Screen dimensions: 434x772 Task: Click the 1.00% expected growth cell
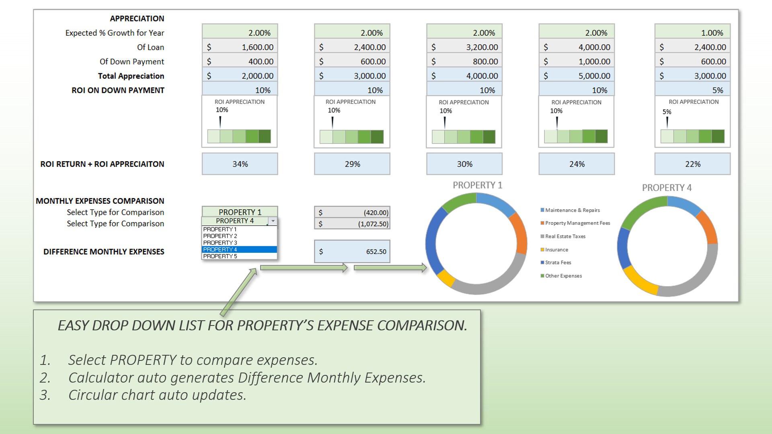tap(692, 33)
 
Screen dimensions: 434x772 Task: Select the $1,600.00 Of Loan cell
tap(240, 47)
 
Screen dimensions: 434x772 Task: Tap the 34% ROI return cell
tap(240, 164)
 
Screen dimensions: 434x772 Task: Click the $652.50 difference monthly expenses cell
tap(352, 252)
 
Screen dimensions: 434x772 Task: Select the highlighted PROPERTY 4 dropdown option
tap(239, 250)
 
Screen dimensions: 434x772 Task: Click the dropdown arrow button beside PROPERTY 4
tap(273, 221)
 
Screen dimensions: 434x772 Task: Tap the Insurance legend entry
tap(556, 250)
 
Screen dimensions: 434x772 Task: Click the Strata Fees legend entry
tap(558, 263)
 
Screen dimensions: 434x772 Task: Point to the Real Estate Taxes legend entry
tap(565, 236)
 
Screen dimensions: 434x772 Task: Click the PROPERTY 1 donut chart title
tap(477, 185)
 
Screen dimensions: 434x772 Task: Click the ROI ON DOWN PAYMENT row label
tap(118, 90)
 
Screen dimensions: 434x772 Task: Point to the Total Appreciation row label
tap(131, 76)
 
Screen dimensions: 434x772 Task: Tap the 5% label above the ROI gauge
tap(667, 112)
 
